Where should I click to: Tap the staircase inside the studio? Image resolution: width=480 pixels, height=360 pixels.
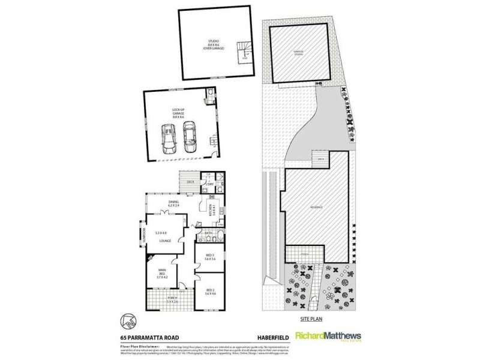[245, 51]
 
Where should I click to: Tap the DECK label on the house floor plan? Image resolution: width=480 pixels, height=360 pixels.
[191, 181]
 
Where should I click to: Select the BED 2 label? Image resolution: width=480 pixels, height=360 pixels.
[210, 291]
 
